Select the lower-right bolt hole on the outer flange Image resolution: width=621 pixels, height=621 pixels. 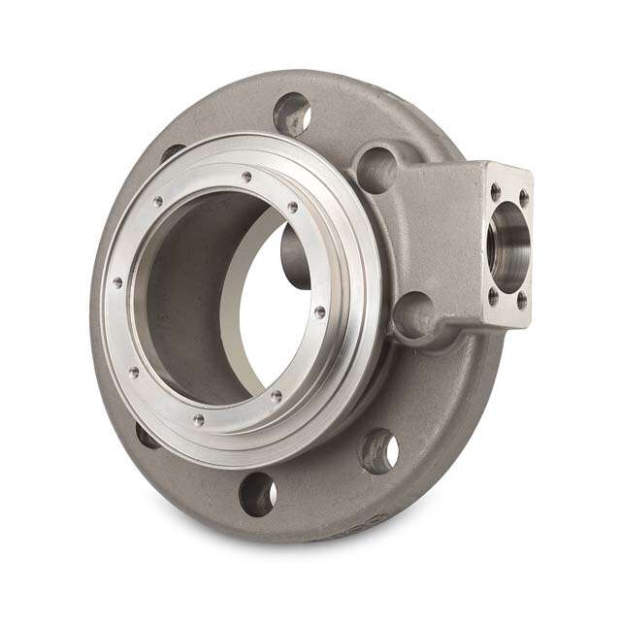coord(379,451)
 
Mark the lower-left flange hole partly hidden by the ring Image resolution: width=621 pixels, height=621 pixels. coord(147,435)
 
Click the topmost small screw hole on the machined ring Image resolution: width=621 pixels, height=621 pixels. coord(247,177)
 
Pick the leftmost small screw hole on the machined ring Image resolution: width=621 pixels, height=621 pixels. coord(117,282)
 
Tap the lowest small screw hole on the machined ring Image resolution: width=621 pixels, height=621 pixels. coord(199,420)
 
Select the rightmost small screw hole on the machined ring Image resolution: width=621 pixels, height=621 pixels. coord(320,311)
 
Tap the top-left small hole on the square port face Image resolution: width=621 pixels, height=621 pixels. coord(495,192)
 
